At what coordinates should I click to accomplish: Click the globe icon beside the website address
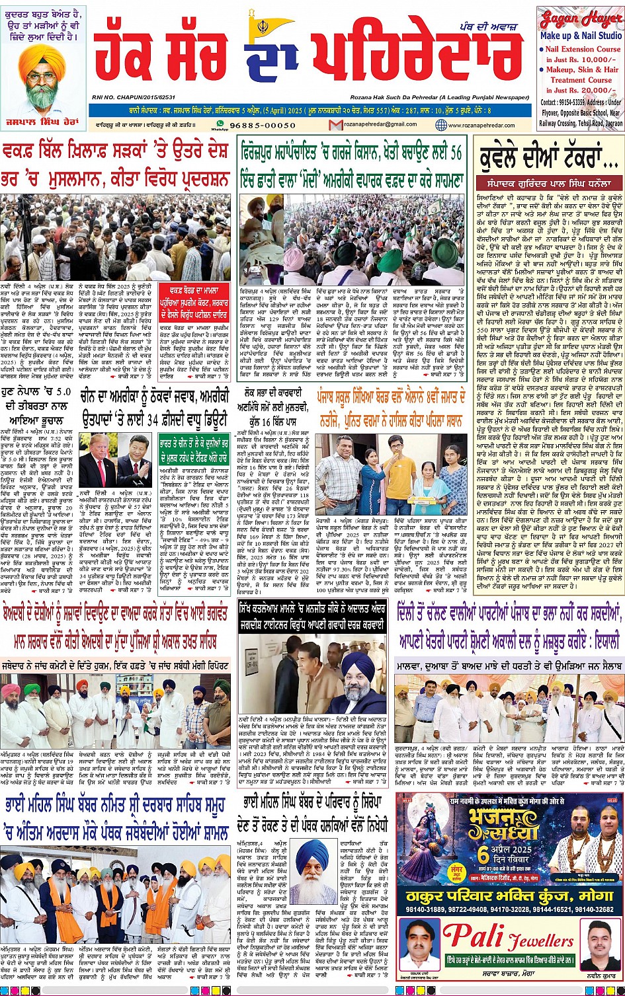pyautogui.click(x=441, y=125)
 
